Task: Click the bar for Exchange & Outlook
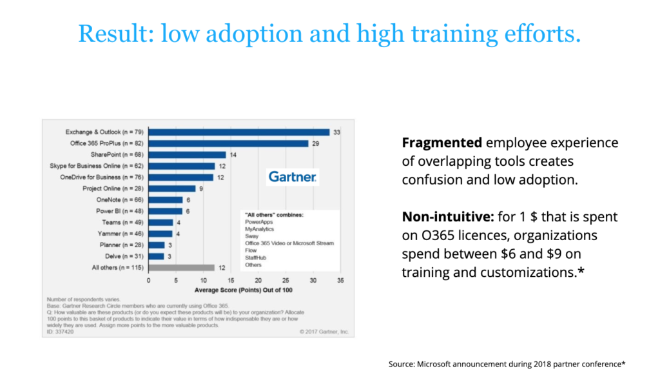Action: (238, 132)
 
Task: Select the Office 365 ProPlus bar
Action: (228, 143)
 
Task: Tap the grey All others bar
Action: (181, 267)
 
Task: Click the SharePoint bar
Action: (187, 155)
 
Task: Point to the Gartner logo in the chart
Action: (293, 176)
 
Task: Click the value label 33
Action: (336, 132)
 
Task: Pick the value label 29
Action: (315, 143)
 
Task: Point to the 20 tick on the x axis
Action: (258, 281)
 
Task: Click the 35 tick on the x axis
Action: (340, 281)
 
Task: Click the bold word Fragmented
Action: (442, 143)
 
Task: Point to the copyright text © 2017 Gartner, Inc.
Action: (324, 332)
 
